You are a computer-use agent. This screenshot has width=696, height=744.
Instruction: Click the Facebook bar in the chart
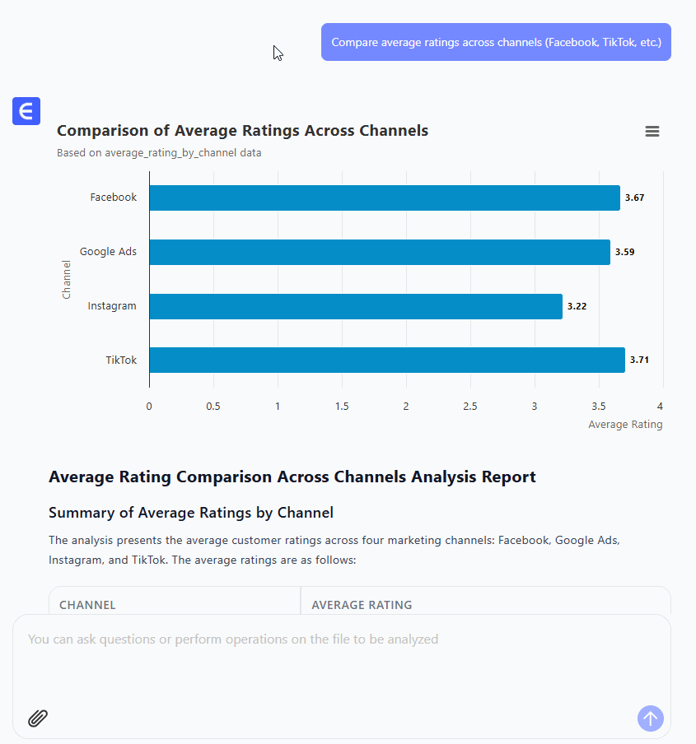(x=384, y=198)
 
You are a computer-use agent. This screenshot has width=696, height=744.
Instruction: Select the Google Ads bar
(x=379, y=252)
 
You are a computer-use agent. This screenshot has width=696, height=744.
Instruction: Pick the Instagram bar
(x=355, y=306)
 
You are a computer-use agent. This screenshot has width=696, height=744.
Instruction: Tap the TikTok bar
(x=386, y=360)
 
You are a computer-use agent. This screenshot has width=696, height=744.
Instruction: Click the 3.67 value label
(x=634, y=198)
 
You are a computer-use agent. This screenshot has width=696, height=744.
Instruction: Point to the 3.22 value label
(x=577, y=306)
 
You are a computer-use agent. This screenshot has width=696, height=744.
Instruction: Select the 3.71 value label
(x=639, y=360)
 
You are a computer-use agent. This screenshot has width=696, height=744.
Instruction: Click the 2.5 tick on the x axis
(x=470, y=406)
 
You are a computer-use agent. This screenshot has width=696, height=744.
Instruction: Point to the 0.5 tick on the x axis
(x=213, y=406)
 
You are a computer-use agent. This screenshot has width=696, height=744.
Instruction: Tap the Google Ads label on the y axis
(x=108, y=252)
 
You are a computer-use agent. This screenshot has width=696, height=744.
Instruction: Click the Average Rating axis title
(x=625, y=425)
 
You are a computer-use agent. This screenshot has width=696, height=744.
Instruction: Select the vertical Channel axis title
(x=67, y=279)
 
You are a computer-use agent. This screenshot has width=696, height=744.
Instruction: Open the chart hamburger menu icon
(x=652, y=132)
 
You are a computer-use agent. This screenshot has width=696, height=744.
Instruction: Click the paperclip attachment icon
(x=38, y=718)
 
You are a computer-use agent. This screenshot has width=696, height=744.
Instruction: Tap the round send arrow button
(x=650, y=718)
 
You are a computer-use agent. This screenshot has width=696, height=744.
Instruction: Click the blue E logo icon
(x=26, y=111)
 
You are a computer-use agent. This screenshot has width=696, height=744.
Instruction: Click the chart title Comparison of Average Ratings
(x=242, y=131)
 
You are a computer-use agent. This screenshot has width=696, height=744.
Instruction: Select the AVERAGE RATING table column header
(x=362, y=605)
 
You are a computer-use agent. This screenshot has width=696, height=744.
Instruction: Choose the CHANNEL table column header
(x=87, y=605)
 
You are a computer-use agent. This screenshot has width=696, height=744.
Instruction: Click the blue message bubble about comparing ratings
(x=496, y=42)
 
